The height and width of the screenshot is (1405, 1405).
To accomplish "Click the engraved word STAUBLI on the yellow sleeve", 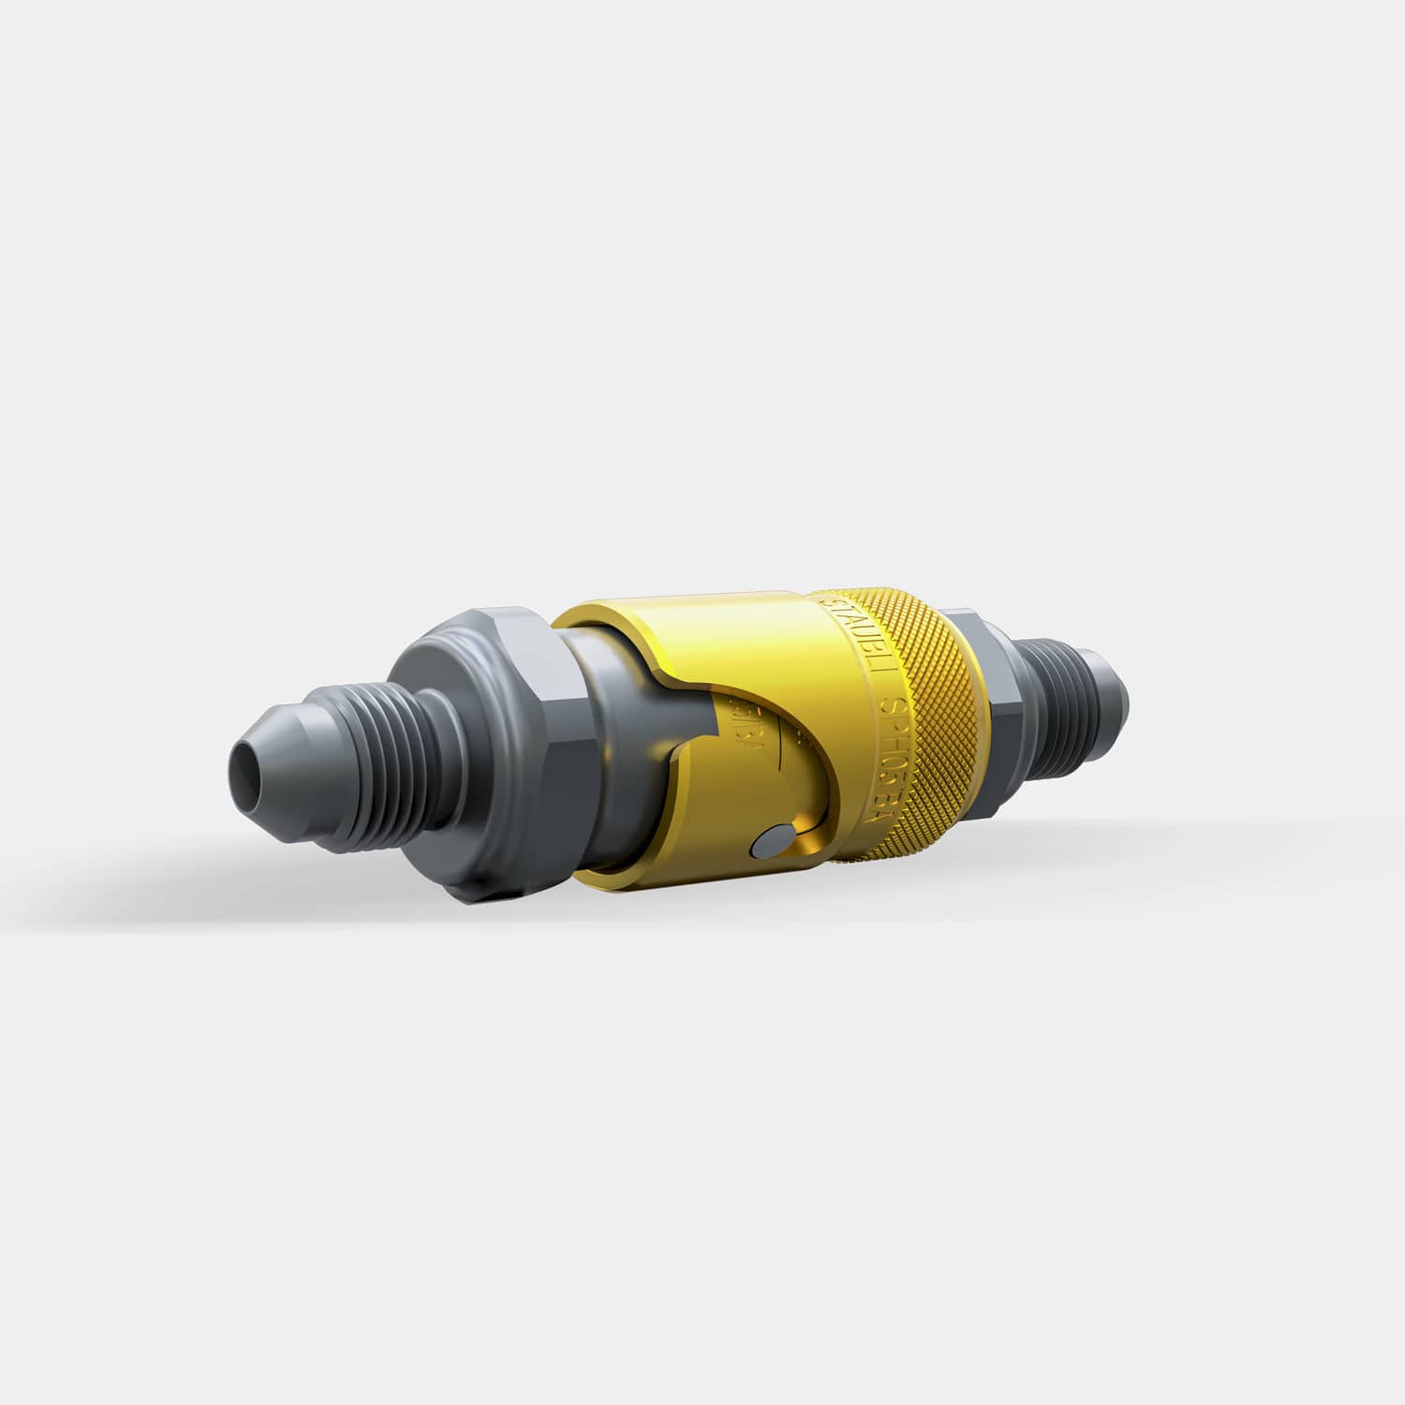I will click(848, 628).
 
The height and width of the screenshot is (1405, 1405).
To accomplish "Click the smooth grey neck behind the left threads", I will click(440, 740).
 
